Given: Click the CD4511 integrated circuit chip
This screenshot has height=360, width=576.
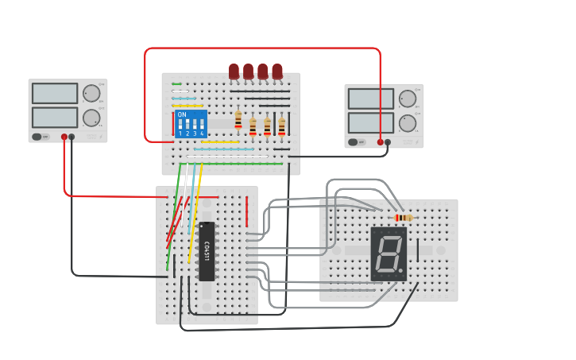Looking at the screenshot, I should [207, 252].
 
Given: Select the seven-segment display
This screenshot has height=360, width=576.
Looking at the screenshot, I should [389, 254].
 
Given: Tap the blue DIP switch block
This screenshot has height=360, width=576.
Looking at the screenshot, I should [191, 124].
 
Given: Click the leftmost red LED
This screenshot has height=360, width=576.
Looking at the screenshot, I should [234, 72].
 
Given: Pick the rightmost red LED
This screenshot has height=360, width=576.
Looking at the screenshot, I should [277, 72].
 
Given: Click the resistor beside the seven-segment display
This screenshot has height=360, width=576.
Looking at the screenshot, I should [404, 218].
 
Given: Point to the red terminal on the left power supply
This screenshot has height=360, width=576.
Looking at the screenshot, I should [64, 137].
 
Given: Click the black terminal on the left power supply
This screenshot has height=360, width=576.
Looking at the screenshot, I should [72, 137].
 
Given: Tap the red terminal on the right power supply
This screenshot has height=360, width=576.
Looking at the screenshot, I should [380, 142].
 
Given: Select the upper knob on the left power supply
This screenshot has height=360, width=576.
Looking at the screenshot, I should [91, 94].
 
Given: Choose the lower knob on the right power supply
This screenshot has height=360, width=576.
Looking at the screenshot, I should [408, 123].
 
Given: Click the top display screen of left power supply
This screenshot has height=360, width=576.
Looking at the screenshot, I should [55, 93].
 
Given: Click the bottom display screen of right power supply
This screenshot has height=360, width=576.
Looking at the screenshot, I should [370, 123].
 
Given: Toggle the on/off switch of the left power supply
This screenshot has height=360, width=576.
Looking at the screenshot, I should [37, 137].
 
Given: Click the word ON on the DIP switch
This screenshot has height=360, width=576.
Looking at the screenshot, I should [182, 115].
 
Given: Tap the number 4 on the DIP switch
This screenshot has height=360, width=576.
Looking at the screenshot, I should [202, 134].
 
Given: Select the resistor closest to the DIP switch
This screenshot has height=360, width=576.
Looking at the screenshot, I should [238, 119].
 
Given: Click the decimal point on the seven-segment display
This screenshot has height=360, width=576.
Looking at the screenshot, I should [400, 271].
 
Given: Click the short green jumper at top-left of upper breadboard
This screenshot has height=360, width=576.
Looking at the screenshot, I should [176, 83].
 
